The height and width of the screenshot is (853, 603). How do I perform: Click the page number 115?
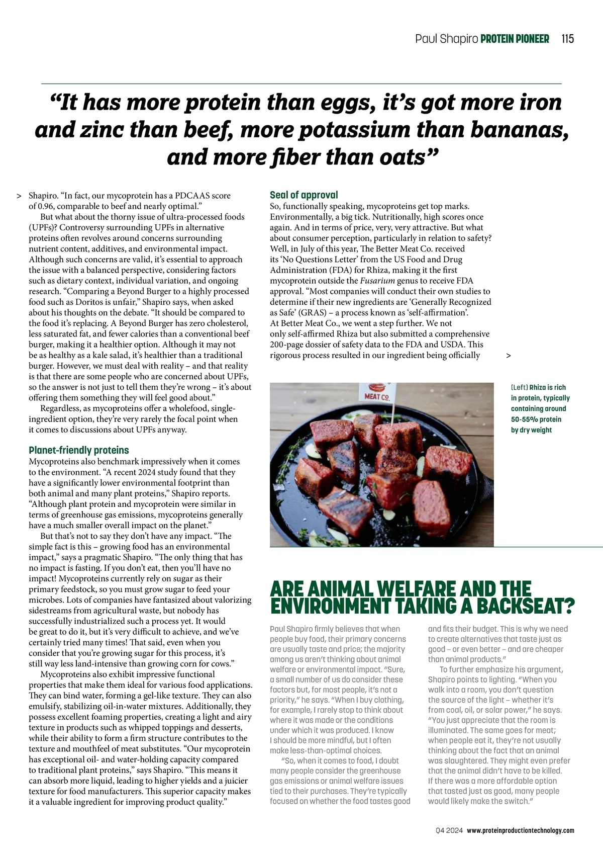567,39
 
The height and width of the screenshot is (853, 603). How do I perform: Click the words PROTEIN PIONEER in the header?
515,39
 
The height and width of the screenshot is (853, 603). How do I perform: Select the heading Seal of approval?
304,195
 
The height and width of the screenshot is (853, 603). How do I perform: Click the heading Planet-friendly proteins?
79,450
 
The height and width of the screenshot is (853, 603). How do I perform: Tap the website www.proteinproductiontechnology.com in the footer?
521,831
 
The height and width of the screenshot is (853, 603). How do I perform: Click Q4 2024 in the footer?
449,831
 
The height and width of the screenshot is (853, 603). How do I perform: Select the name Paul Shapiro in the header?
446,39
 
